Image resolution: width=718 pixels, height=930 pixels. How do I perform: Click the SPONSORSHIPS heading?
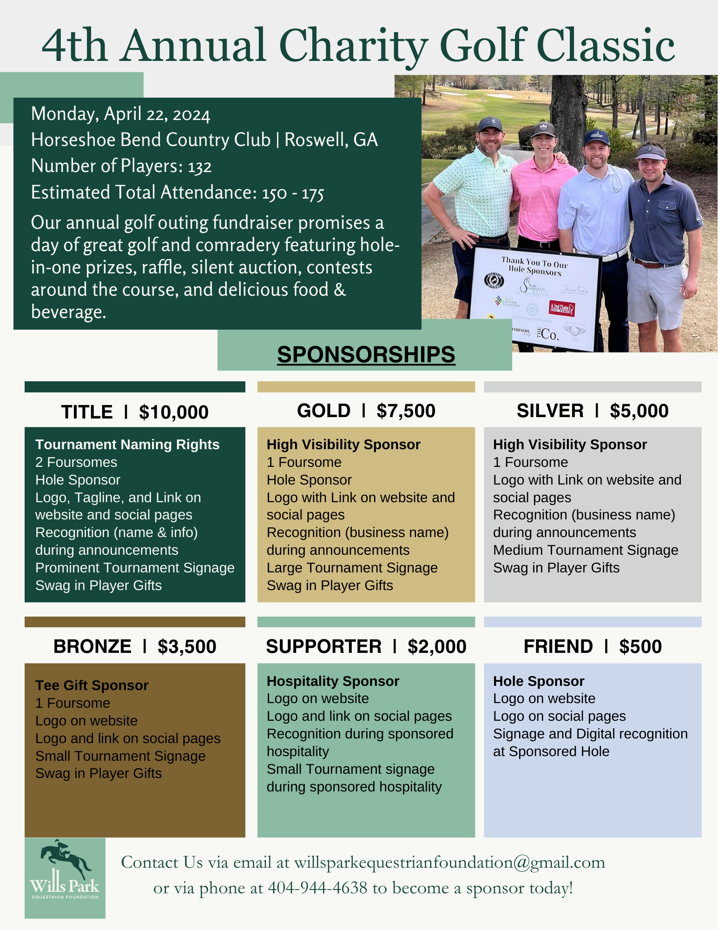tap(366, 354)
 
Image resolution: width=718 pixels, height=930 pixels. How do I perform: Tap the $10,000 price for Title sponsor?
tap(174, 412)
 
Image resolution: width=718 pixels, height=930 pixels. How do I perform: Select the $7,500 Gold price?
tap(406, 411)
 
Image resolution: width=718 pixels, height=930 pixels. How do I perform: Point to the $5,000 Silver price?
tap(639, 411)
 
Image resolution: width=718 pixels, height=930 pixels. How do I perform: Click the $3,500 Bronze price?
tap(187, 647)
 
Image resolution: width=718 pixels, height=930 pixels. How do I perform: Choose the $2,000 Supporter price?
tap(437, 647)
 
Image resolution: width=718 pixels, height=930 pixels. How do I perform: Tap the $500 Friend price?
tap(640, 647)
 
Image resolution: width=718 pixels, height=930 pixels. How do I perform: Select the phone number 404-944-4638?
tap(317, 888)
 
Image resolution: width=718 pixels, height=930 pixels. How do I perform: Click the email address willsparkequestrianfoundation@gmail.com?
tap(449, 863)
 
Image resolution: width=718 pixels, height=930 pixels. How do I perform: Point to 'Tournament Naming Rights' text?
tap(127, 445)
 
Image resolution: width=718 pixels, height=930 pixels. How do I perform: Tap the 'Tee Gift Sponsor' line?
tap(92, 685)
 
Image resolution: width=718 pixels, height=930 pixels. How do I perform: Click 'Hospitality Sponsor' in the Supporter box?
tap(333, 681)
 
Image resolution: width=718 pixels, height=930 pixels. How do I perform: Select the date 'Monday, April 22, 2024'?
tap(120, 114)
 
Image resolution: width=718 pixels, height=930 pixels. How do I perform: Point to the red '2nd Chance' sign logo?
tap(562, 308)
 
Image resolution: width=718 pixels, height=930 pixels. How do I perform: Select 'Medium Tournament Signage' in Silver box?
tap(586, 550)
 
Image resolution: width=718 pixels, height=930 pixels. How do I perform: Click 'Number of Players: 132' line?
tap(121, 166)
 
